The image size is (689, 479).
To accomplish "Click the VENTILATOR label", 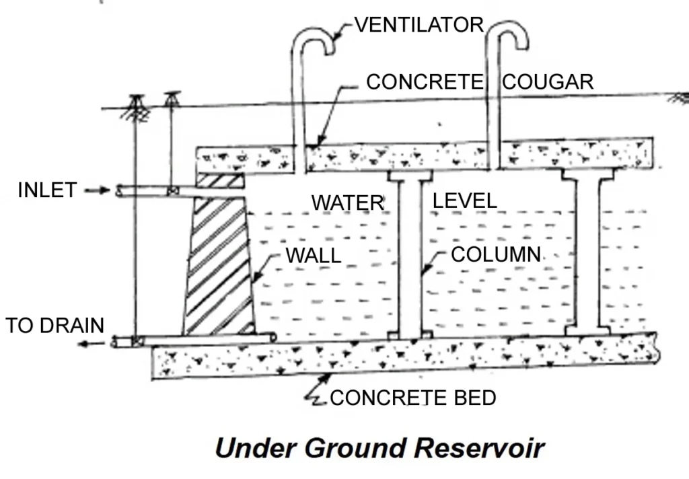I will [x=419, y=25].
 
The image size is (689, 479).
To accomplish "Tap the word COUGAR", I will [x=548, y=82].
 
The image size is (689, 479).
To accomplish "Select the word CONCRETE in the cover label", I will [x=425, y=82].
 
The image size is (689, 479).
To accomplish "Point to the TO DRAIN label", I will [x=55, y=326].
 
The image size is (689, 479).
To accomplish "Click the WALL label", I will [x=314, y=256].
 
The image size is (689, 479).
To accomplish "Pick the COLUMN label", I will [x=496, y=254].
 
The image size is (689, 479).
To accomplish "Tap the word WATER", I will [x=347, y=202].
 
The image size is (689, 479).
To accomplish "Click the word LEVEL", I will [x=464, y=200].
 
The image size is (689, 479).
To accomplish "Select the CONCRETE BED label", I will [x=412, y=398].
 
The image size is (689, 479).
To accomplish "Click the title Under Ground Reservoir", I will [x=379, y=447].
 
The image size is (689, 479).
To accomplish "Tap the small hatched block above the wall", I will [x=219, y=180].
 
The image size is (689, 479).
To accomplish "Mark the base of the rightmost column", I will [x=587, y=330].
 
